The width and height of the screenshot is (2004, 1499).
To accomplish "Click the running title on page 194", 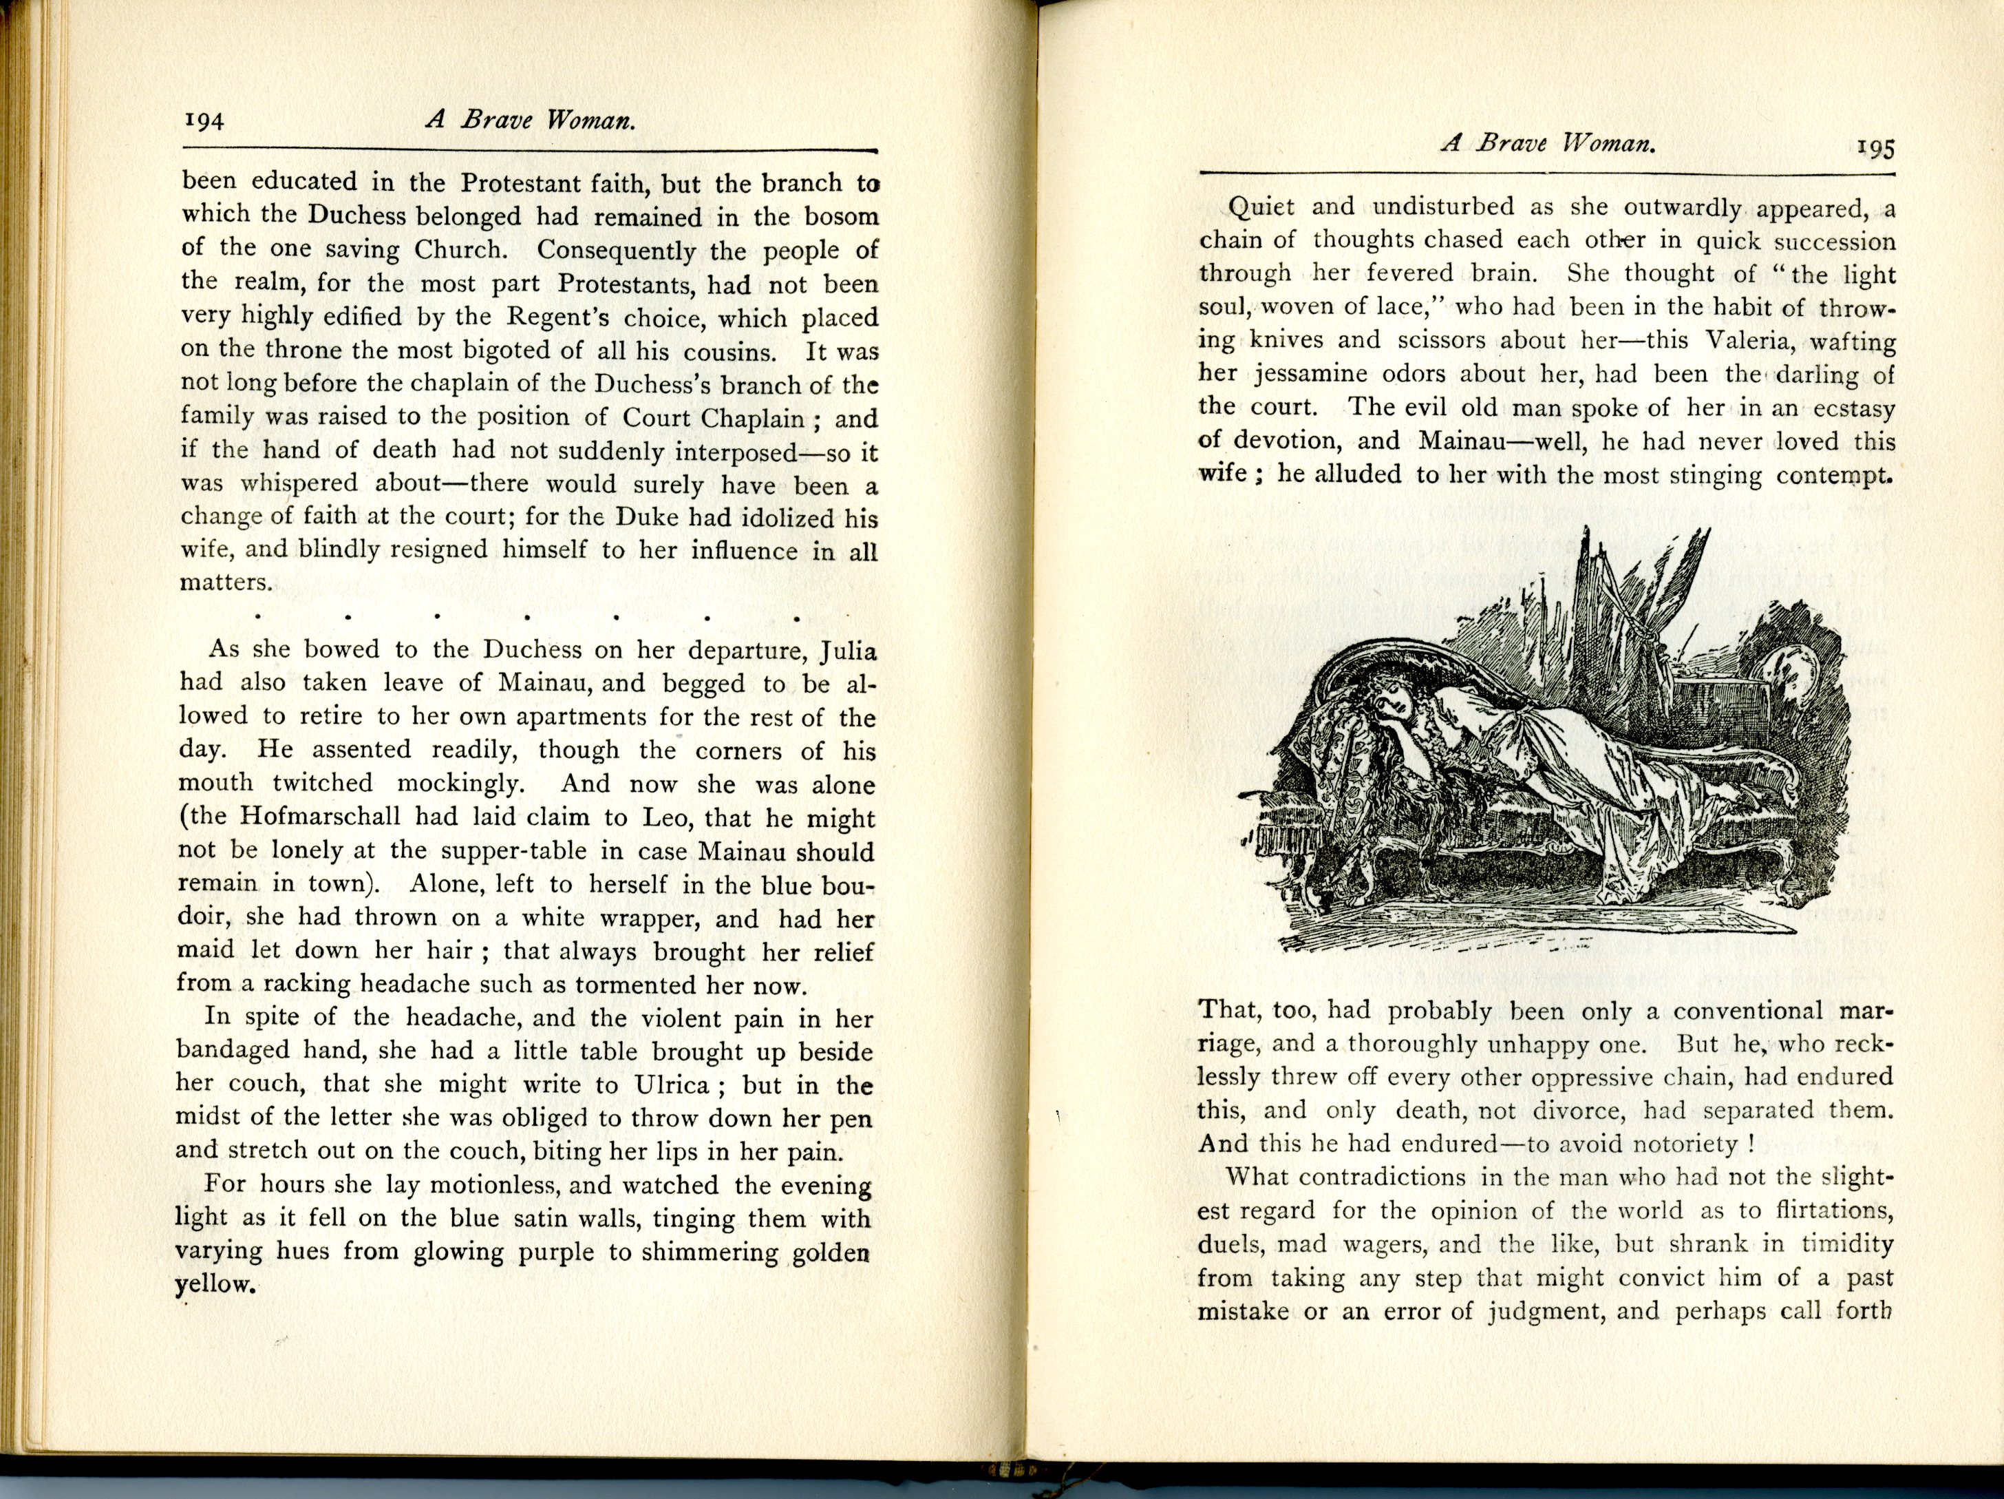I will point(530,120).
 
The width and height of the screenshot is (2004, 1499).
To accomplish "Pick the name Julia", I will point(847,651).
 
